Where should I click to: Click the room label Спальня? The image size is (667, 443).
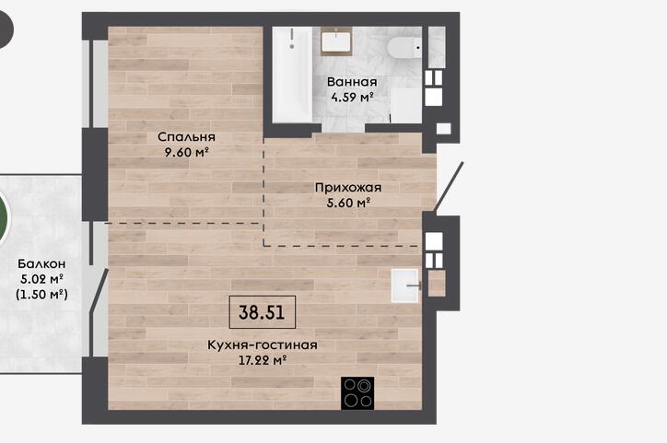[x=186, y=137]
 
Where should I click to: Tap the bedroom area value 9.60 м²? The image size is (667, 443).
[x=186, y=152]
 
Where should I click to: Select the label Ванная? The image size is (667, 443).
[x=352, y=82]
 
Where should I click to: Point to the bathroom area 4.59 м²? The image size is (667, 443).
[x=352, y=97]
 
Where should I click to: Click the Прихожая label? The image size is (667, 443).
[x=348, y=187]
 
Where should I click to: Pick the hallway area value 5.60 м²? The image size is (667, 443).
[x=348, y=203]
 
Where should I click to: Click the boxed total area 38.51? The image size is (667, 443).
[x=262, y=312]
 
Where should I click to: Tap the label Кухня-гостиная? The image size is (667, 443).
[x=263, y=344]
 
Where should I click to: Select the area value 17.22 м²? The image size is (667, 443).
[x=262, y=360]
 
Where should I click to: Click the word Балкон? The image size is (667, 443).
[x=41, y=264]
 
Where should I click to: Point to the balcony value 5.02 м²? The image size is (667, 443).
[x=41, y=279]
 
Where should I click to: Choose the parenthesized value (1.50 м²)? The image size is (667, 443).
[x=41, y=294]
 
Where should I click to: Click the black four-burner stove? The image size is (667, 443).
[x=357, y=393]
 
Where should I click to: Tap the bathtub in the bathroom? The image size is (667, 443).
[x=292, y=75]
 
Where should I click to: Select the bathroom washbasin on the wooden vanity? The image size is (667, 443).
[x=336, y=41]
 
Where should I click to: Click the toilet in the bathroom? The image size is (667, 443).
[x=404, y=47]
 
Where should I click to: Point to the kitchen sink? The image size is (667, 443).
[x=405, y=286]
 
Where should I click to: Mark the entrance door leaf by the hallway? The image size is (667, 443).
[x=449, y=186]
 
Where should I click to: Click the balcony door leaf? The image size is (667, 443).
[x=99, y=293]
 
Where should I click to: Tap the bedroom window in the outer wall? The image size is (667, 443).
[x=91, y=84]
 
